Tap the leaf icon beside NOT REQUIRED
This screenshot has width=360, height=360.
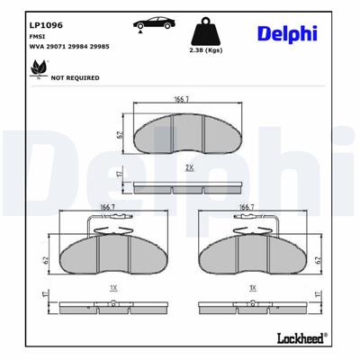[38, 67]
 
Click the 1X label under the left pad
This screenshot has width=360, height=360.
[112, 289]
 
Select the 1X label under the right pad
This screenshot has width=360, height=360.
[253, 289]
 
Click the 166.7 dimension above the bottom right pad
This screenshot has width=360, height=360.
[244, 206]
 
